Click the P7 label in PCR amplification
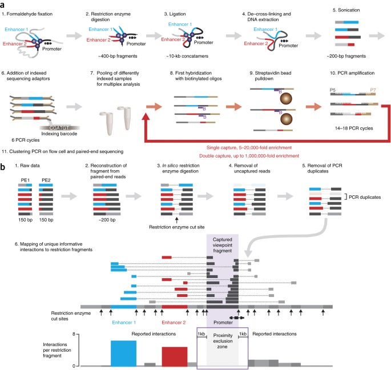pos(372,106)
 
